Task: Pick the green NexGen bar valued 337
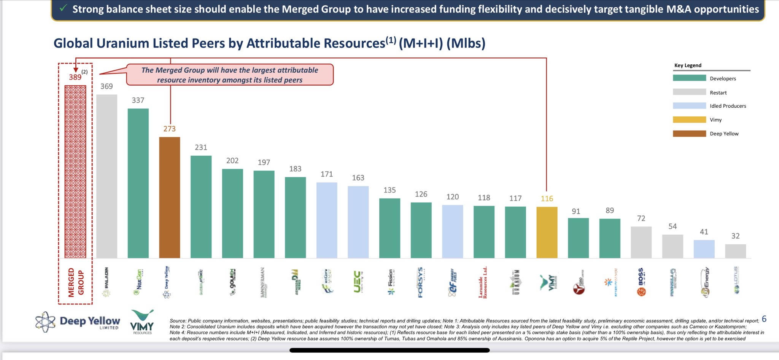tap(138, 183)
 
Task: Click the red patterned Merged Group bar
tap(75, 172)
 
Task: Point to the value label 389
tap(75, 77)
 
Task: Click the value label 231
tap(201, 147)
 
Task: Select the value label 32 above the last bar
tap(735, 236)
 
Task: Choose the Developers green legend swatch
tap(689, 78)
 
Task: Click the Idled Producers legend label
tap(728, 106)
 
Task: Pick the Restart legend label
tap(718, 92)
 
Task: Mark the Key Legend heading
tap(688, 65)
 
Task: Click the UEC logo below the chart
tap(358, 282)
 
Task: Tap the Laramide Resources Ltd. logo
tap(483, 282)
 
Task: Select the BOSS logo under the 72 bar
tap(641, 282)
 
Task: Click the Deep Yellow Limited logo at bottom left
tap(78, 322)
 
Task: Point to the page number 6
tap(764, 319)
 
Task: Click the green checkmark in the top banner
tap(64, 8)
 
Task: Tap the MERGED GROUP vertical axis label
tap(76, 282)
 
